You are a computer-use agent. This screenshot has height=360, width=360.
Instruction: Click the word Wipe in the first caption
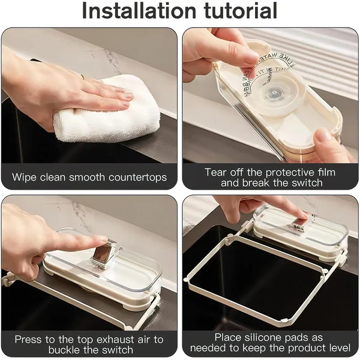[25, 177]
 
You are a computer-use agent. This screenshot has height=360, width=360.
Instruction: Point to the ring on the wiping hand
[82, 76]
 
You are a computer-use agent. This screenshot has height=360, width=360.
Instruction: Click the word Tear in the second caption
[216, 172]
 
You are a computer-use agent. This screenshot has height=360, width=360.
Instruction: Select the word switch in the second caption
[305, 183]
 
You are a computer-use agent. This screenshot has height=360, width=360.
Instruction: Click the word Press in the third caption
[29, 340]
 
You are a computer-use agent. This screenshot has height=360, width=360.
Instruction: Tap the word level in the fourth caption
[337, 349]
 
